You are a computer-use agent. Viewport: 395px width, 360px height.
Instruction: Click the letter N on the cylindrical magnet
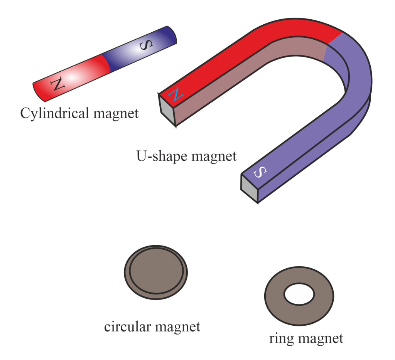[x=57, y=83]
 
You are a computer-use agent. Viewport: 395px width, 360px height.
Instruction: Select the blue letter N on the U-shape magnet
[x=176, y=94]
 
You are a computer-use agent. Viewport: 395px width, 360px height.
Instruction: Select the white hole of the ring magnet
[x=299, y=295]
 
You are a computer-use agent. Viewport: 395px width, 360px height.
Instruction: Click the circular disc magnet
[x=156, y=271]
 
